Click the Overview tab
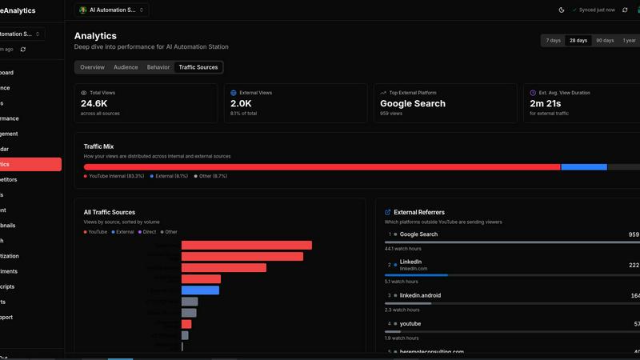pos(92,67)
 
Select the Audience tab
pos(126,67)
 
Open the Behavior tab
pos(158,67)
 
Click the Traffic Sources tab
pos(198,67)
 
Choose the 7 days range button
pos(553,40)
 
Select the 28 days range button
pos(578,40)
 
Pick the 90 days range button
pos(604,40)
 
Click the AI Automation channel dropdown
pos(112,10)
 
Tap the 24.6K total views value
pos(94,103)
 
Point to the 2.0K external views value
pos(241,103)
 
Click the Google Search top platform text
pos(413,103)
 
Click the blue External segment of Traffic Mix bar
pos(584,166)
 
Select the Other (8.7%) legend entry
pos(212,175)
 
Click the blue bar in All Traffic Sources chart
pos(200,290)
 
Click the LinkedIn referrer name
pos(410,262)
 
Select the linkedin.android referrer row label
pos(420,295)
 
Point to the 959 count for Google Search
pos(634,234)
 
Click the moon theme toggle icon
pos(561,10)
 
